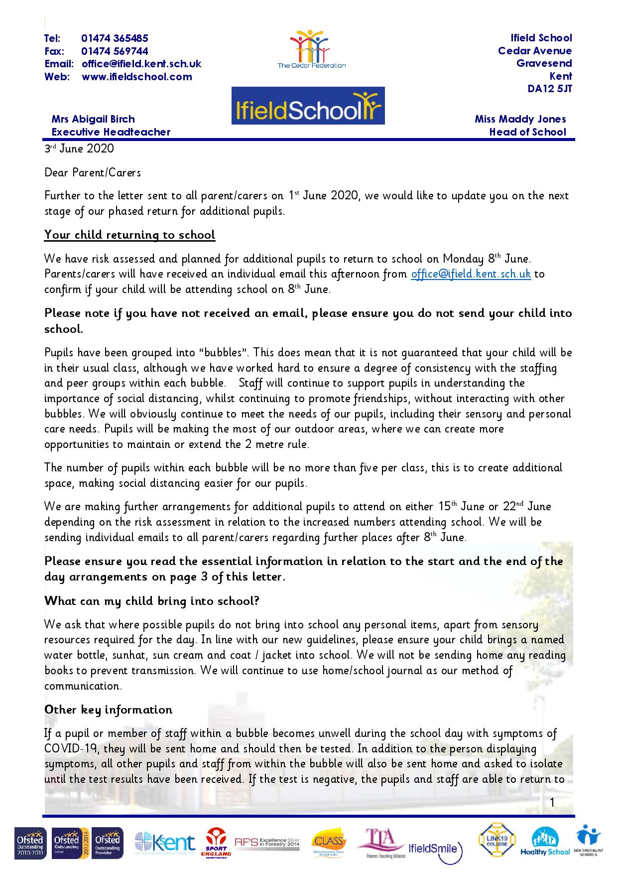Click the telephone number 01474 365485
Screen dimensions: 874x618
pos(115,38)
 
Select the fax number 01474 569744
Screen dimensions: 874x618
pos(115,51)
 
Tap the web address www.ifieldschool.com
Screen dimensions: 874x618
pos(137,77)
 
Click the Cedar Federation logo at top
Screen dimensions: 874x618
pos(311,49)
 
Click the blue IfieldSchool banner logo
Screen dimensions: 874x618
pos(308,106)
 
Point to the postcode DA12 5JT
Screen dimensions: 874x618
pos(550,89)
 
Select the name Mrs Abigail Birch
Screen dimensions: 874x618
pos(93,119)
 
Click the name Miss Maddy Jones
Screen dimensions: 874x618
pos(520,119)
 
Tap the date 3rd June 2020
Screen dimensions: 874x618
pos(79,148)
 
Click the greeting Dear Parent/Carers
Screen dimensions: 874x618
pos(93,172)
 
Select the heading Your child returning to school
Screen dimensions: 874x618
pos(129,235)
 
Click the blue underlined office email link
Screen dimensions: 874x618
pos(471,274)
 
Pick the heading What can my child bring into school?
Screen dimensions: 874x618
pos(152,600)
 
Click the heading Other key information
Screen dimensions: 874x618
pos(108,710)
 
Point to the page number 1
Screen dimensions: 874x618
pos(552,803)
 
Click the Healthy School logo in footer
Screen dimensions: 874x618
pos(545,842)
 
